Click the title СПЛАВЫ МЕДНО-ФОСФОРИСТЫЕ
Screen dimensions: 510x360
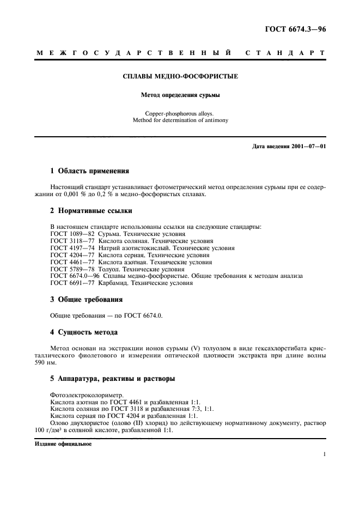point(180,77)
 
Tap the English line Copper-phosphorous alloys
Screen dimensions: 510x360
point(180,113)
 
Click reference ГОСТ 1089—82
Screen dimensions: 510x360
point(72,233)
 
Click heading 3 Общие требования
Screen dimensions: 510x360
point(86,299)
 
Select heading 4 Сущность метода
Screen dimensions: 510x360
point(84,332)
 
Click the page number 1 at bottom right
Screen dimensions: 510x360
point(324,454)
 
